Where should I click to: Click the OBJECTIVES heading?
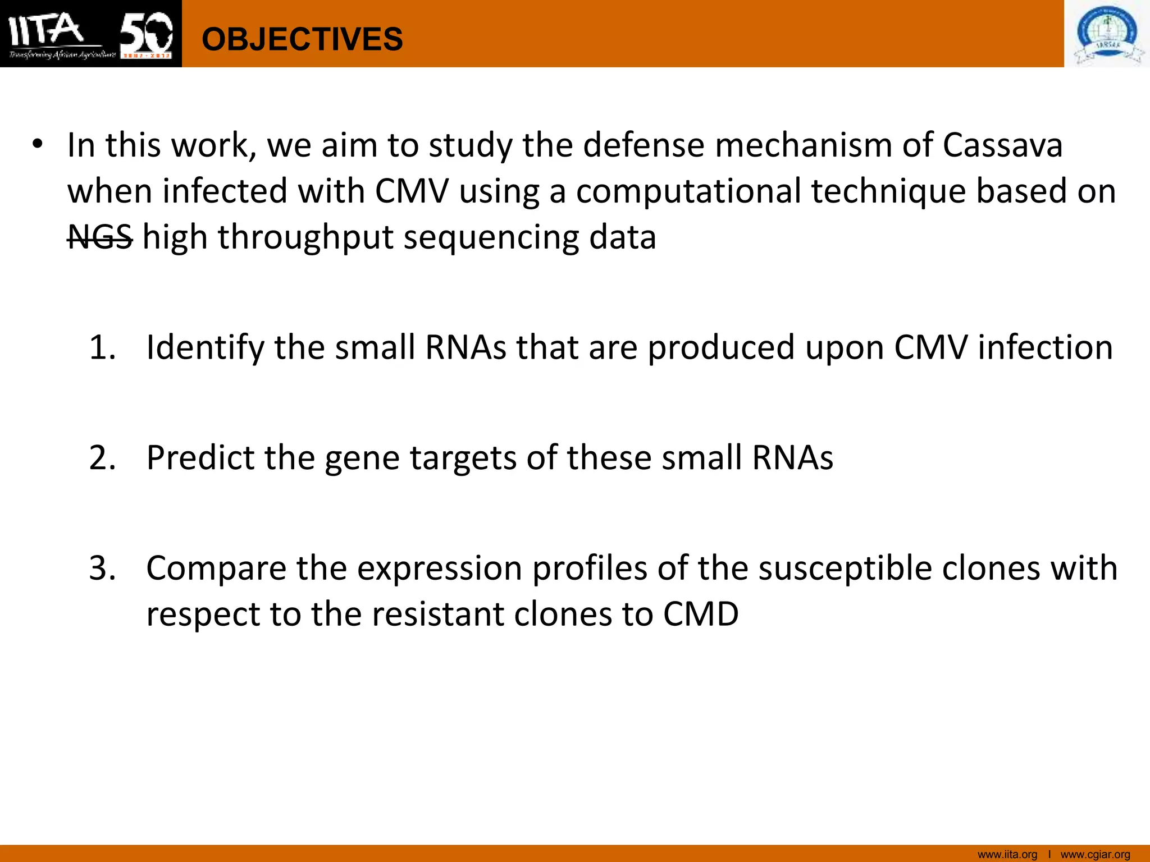point(302,39)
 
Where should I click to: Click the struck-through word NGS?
point(100,237)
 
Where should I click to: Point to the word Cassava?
point(1002,145)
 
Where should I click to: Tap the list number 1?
point(102,347)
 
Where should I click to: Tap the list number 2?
point(102,458)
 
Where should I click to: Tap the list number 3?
point(102,568)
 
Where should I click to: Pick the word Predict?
point(200,458)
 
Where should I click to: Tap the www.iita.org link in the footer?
point(1007,855)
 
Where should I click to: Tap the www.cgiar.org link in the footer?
point(1095,855)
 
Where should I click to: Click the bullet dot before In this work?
point(38,144)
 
